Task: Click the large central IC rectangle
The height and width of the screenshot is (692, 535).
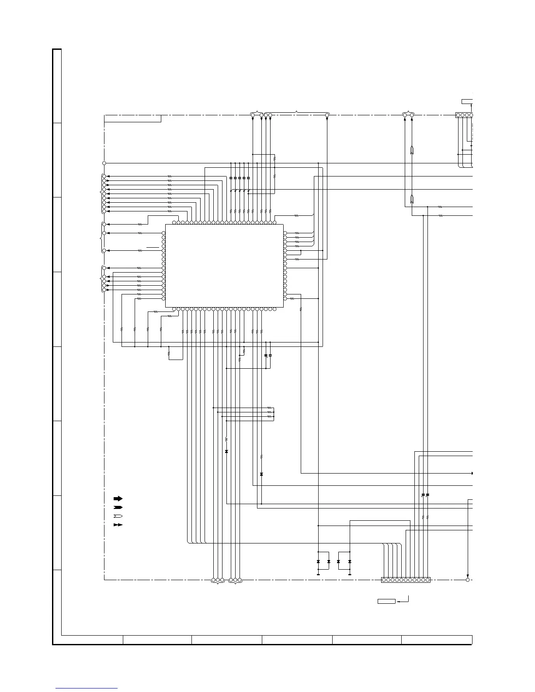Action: [x=224, y=266]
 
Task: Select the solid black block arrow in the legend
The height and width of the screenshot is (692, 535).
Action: [x=118, y=498]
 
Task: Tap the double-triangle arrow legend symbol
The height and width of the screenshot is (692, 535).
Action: [x=118, y=525]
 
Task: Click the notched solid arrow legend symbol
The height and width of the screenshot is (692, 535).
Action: [x=118, y=507]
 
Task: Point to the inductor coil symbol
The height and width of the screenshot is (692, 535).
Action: [x=226, y=438]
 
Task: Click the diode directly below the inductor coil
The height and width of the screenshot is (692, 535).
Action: [x=226, y=451]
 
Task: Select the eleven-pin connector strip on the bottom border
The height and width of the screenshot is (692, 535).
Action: [x=406, y=580]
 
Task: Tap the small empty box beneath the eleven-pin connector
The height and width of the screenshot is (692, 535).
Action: [x=386, y=602]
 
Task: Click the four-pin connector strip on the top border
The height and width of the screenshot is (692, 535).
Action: [x=464, y=115]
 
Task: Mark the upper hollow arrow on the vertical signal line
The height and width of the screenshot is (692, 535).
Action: [x=412, y=151]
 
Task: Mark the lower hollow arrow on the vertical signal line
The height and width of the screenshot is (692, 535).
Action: [x=412, y=201]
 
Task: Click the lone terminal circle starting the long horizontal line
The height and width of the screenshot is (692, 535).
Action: [x=104, y=163]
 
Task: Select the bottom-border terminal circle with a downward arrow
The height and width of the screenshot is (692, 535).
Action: [x=468, y=580]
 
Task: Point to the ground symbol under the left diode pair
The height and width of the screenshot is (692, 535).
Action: [x=318, y=574]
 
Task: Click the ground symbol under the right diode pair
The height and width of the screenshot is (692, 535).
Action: [x=350, y=574]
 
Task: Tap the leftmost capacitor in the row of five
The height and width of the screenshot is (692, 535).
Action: [x=231, y=178]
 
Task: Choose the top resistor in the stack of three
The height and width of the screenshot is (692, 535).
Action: [x=269, y=408]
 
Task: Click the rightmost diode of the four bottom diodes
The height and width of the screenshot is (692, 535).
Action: [x=350, y=561]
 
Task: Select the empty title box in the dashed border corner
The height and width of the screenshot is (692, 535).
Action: [x=133, y=119]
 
